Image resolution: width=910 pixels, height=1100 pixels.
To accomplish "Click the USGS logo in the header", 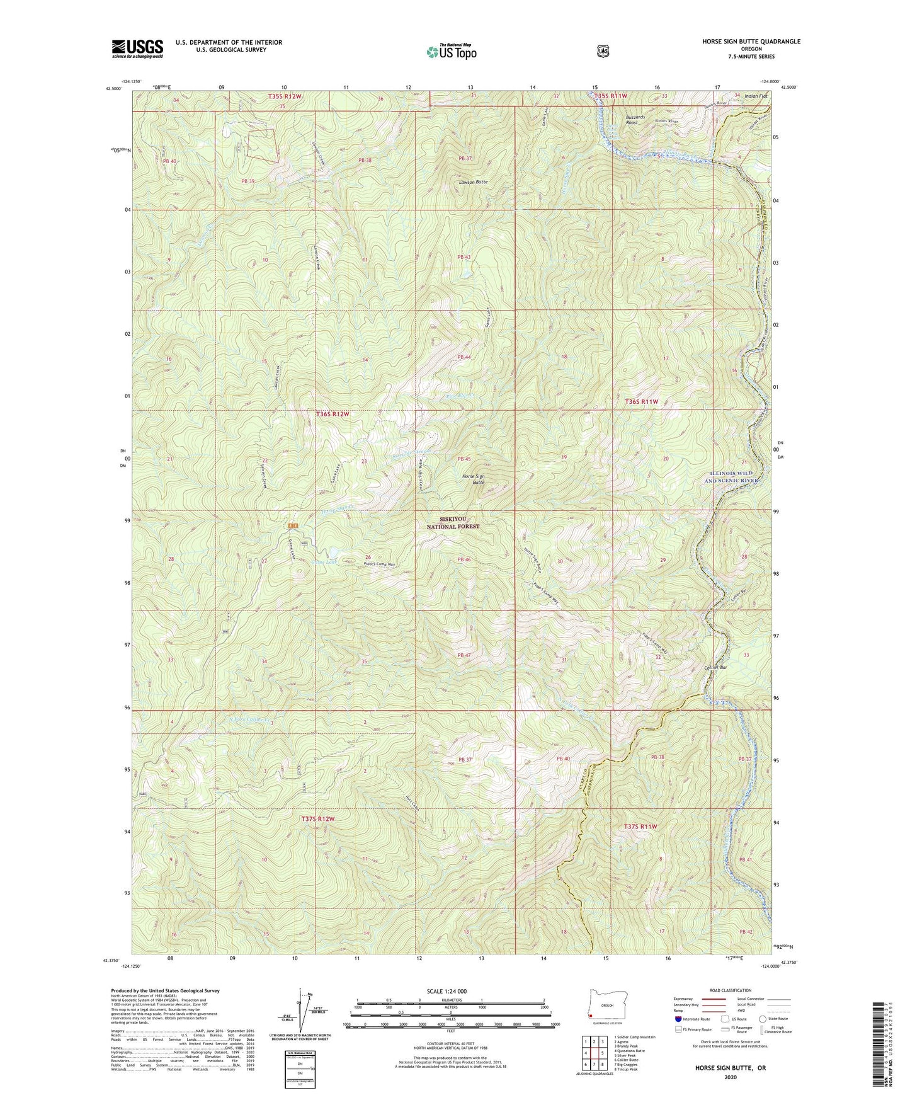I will [137, 49].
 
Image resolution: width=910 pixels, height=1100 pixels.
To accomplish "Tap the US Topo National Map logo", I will [450, 52].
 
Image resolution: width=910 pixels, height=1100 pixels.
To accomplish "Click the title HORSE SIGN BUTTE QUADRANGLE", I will [742, 42].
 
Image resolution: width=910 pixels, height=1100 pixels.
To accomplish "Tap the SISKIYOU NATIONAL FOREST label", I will [453, 523].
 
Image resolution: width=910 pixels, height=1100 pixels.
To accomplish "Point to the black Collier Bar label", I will [715, 667].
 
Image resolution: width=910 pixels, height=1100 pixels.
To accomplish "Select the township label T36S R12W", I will [332, 414].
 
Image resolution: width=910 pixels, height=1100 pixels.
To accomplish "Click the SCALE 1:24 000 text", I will [449, 991].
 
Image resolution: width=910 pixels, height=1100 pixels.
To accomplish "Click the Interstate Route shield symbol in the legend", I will [678, 1019].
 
